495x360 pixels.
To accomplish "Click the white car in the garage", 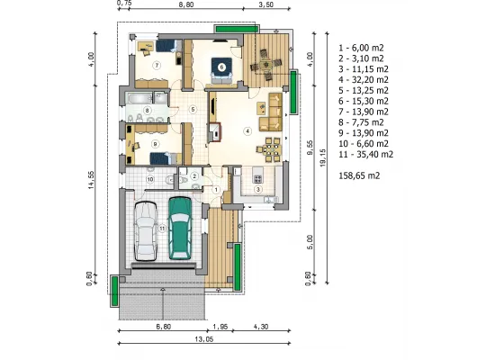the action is (146, 231).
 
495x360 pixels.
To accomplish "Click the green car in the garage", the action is (180, 229).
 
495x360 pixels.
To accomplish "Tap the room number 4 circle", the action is (247, 130).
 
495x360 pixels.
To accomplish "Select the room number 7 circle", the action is (157, 66).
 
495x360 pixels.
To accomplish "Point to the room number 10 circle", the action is (150, 179).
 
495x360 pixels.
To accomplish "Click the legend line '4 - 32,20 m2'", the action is (364, 80).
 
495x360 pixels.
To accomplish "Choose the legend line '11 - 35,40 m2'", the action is (366, 155).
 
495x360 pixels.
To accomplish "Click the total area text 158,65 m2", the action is (359, 175).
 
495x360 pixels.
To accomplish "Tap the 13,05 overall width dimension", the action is (204, 339).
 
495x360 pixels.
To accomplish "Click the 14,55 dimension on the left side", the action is (91, 180).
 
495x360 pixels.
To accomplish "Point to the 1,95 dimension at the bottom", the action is (220, 327).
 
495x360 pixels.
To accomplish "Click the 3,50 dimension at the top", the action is (265, 4).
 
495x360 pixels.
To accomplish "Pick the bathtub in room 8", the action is (139, 98).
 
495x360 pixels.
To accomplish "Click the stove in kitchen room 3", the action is (257, 179).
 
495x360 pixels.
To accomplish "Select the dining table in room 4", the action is (268, 148).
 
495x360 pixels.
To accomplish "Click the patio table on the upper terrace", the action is (265, 65).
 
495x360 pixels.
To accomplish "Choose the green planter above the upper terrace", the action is (238, 29).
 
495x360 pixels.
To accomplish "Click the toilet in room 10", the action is (170, 179).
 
